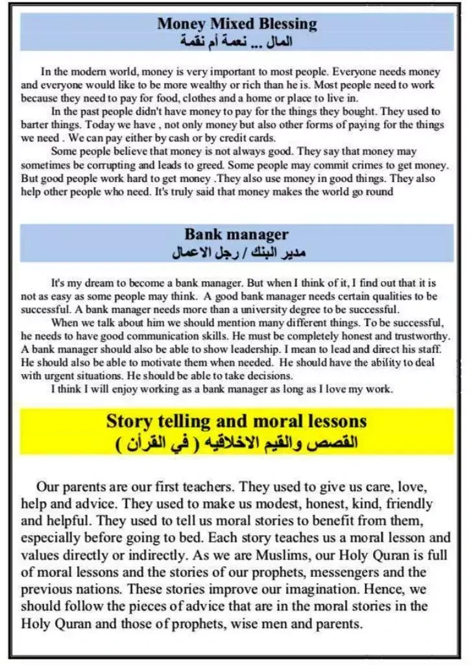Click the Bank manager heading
pos(236,234)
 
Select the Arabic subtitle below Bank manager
pos(236,252)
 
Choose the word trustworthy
pos(422,335)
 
